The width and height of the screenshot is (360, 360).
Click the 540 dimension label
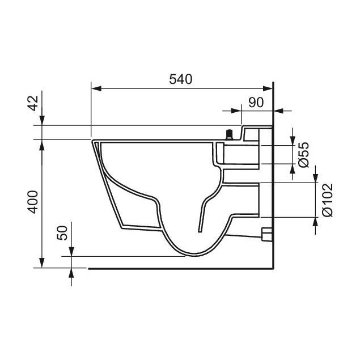pos(180,79)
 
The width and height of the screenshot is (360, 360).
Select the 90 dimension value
pos(256,103)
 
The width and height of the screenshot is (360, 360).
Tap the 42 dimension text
pos(33,103)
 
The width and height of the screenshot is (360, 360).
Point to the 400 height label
pos(33,202)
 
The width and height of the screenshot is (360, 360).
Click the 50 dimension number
pos(62,233)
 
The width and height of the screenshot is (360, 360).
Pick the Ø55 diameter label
pos(303,155)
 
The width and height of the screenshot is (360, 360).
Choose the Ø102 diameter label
pos(327,200)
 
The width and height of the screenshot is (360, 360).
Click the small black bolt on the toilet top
pos(229,135)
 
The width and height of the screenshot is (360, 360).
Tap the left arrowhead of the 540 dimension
pos(96,88)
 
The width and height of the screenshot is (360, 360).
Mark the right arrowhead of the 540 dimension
pos(268,88)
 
